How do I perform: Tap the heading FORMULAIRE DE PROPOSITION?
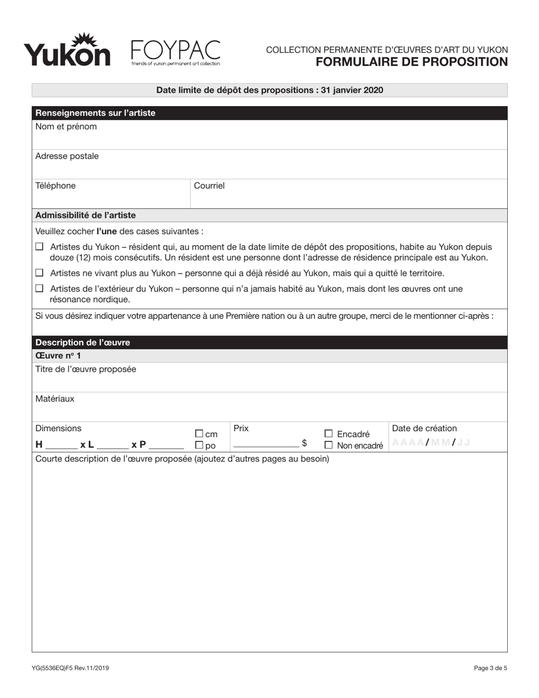411,62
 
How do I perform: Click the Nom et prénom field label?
66,127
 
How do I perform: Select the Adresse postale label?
67,156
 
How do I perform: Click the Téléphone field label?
56,186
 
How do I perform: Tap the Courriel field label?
209,186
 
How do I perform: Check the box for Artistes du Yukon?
40,247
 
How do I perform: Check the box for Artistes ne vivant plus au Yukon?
40,273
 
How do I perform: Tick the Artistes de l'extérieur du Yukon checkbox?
40,288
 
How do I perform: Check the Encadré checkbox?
329,434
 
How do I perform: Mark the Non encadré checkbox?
329,445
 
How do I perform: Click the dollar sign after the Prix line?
304,443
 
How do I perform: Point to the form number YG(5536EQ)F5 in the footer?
71,668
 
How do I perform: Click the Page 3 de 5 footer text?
490,668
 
